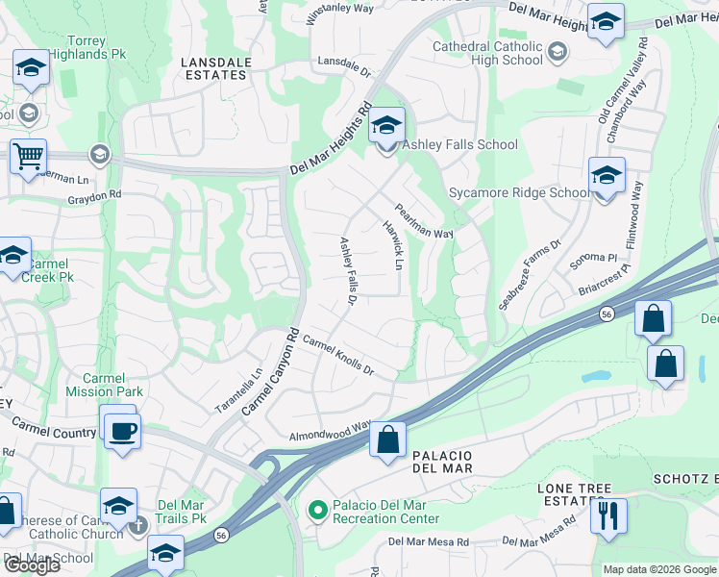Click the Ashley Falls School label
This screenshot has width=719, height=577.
point(459,145)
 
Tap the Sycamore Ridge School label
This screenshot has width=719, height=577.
point(519,192)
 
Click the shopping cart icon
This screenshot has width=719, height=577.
point(29,156)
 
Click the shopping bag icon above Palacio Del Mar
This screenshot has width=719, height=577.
point(387,440)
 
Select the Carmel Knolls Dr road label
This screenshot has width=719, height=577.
point(337,355)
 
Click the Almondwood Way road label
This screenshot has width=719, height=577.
point(330,431)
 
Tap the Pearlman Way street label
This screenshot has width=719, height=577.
point(424,220)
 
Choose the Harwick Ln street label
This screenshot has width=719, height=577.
point(393,245)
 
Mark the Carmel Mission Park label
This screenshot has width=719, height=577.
point(105,385)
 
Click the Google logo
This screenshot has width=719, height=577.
point(32,565)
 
